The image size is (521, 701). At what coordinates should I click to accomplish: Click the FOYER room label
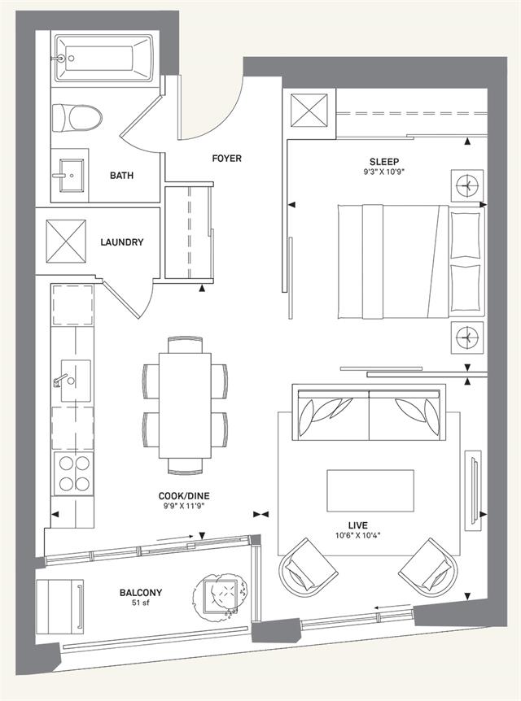(226, 159)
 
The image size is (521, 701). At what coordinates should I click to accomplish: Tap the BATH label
(122, 176)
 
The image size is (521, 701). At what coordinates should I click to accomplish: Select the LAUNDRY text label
(122, 242)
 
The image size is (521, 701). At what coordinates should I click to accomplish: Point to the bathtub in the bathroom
(104, 59)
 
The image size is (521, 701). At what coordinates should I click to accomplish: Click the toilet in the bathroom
(77, 118)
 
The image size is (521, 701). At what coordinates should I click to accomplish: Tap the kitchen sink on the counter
(75, 381)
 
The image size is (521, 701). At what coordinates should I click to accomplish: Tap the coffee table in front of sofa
(370, 490)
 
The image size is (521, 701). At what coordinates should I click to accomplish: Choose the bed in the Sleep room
(411, 262)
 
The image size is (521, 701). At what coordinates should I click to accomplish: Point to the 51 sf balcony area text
(141, 603)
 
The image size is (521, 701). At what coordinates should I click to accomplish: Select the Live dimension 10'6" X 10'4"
(358, 534)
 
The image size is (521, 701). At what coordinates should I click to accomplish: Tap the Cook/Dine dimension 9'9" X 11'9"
(184, 506)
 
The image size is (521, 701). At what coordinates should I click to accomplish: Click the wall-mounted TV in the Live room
(473, 490)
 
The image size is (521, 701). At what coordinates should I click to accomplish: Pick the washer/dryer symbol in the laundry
(66, 242)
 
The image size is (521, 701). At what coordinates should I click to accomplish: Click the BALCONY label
(141, 593)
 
